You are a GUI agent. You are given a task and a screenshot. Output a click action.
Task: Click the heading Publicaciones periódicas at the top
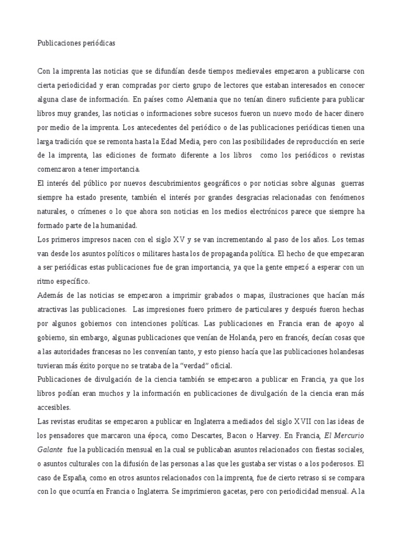tap(76, 44)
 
